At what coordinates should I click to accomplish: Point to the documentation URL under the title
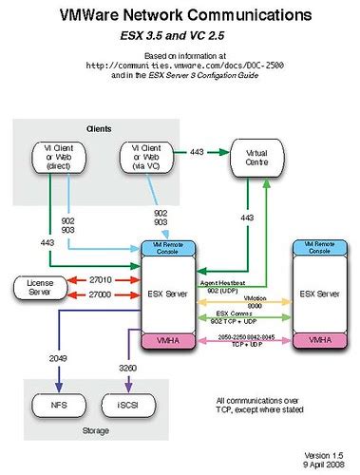pos(179,66)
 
